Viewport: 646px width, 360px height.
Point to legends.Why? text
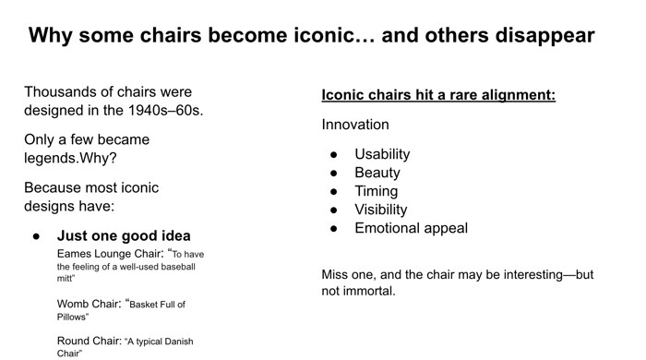click(x=70, y=158)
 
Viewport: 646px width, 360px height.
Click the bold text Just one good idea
click(x=124, y=235)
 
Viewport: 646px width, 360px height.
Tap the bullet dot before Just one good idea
click(x=37, y=236)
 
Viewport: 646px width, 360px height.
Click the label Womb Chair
click(x=90, y=304)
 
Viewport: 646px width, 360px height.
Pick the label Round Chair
click(x=90, y=341)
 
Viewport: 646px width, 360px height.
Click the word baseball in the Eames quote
click(x=178, y=267)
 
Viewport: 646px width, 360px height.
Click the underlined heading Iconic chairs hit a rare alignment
click(x=438, y=95)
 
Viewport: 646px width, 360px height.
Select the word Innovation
click(x=355, y=125)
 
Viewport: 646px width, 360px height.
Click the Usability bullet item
click(x=382, y=154)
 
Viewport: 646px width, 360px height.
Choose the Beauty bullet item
click(x=377, y=173)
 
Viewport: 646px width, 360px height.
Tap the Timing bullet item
click(x=377, y=191)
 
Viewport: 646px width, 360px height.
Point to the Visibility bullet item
click(x=381, y=210)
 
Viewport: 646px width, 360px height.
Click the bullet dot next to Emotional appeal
click(x=334, y=229)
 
